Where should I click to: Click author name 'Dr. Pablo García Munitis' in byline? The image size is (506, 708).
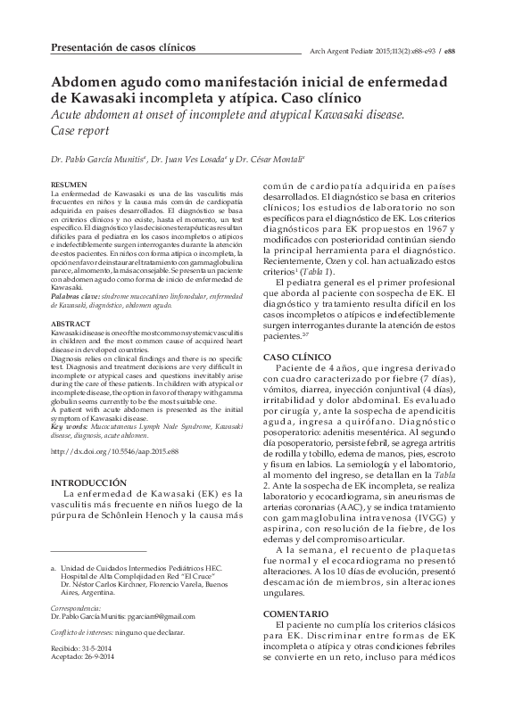[x=96, y=160]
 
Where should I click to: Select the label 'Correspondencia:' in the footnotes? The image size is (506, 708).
[x=79, y=608]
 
